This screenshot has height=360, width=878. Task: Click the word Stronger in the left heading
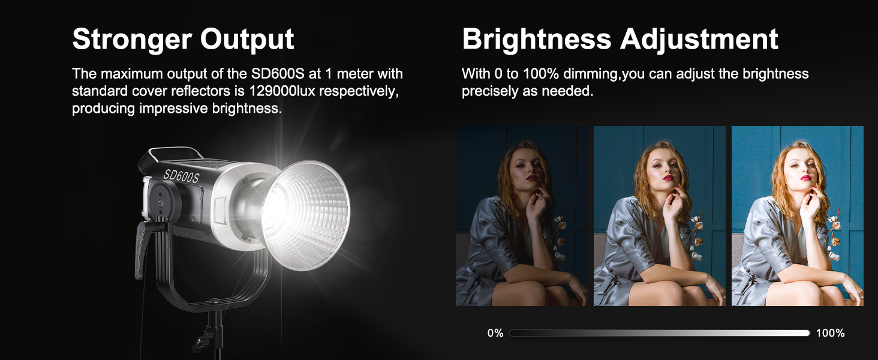132,40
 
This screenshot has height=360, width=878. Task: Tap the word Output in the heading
247,40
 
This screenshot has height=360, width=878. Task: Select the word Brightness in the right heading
537,39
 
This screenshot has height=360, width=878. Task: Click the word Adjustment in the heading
699,40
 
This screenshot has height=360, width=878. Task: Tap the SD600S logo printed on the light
181,176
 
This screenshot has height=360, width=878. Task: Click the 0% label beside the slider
495,333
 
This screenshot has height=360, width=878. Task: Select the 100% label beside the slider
830,333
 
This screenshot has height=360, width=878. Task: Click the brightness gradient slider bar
659,333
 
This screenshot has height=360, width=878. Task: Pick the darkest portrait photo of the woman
521,216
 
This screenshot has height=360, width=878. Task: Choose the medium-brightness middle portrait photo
659,216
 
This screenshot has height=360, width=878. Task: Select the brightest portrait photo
797,216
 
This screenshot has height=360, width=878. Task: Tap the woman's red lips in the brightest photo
805,178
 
